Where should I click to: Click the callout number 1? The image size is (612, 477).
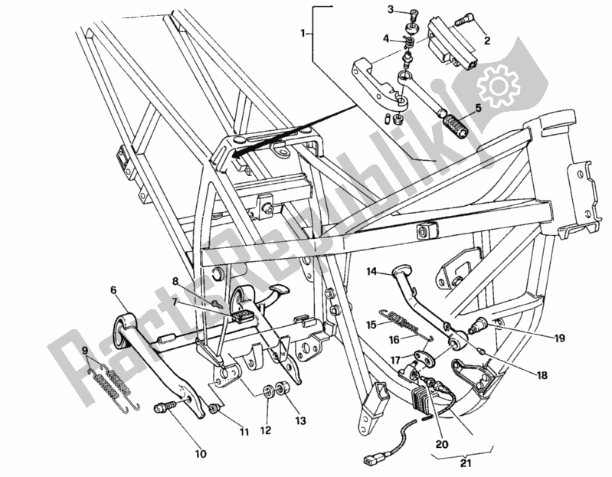pos(303,33)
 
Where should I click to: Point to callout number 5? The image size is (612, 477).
pos(478,109)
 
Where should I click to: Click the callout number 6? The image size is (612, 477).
pos(113,291)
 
